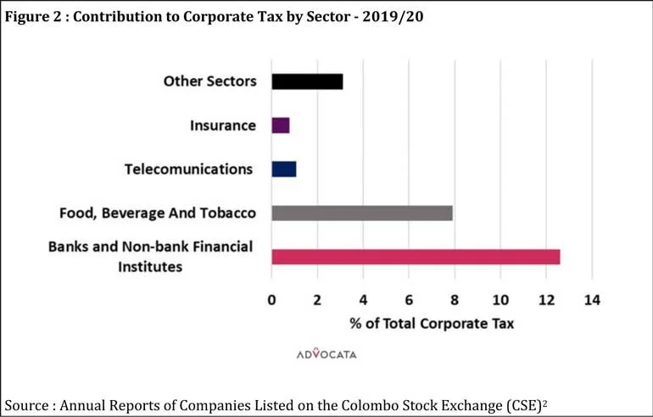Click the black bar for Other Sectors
(307, 81)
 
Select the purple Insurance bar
(281, 125)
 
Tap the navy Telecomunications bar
(284, 170)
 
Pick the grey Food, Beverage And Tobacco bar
(362, 213)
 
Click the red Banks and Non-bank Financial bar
(416, 257)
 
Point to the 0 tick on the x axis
(271, 300)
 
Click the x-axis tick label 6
(409, 300)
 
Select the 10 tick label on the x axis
(500, 300)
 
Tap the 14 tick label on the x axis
(592, 300)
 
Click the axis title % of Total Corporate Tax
(432, 324)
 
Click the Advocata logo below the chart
(326, 353)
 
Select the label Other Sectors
(210, 81)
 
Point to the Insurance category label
(223, 125)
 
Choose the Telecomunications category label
(188, 170)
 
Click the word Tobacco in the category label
(228, 213)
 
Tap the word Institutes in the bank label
(150, 266)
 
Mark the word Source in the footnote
(26, 405)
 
